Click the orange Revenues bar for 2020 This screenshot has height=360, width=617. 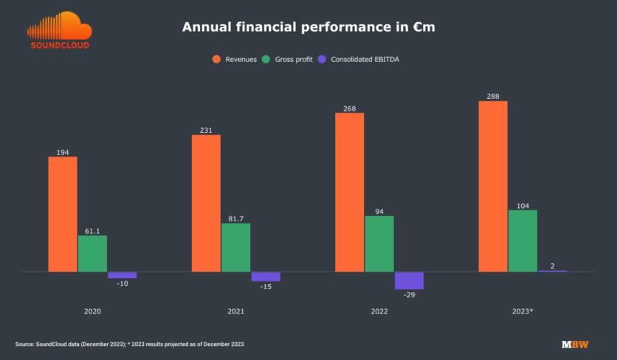click(x=63, y=214)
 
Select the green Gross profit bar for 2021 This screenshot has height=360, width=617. click(x=235, y=247)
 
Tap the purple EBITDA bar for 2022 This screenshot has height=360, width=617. click(x=408, y=280)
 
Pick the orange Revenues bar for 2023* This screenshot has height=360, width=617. click(x=493, y=186)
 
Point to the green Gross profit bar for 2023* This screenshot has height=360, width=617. click(x=523, y=240)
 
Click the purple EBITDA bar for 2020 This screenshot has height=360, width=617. click(x=122, y=275)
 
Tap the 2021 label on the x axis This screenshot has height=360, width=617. click(x=236, y=311)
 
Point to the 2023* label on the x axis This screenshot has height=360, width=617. click(x=523, y=311)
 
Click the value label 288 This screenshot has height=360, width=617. click(x=493, y=96)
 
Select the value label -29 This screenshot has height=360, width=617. click(x=409, y=294)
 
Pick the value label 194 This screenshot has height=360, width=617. click(x=63, y=152)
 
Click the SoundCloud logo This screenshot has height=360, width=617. click(x=59, y=31)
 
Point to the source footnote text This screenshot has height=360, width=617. click(x=129, y=345)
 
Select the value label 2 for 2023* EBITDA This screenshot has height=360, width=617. click(x=552, y=266)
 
